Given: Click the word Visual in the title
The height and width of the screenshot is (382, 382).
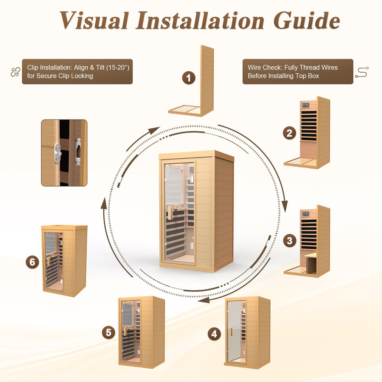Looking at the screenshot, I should pyautogui.click(x=94, y=21).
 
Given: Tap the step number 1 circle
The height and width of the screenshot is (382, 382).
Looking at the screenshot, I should pyautogui.click(x=189, y=78).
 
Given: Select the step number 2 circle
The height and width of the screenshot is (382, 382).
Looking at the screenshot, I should pyautogui.click(x=289, y=133).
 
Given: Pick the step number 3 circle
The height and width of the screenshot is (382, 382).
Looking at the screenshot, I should pyautogui.click(x=289, y=241).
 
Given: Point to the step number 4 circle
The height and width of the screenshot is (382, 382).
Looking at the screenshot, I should pyautogui.click(x=214, y=334).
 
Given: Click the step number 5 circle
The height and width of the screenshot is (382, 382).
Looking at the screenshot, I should pyautogui.click(x=109, y=333).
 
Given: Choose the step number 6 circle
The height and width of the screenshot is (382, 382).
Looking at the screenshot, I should pyautogui.click(x=32, y=262).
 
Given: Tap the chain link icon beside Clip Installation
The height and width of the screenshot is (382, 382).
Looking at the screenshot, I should pyautogui.click(x=15, y=72).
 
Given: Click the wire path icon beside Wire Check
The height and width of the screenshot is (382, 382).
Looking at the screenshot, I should pyautogui.click(x=362, y=72).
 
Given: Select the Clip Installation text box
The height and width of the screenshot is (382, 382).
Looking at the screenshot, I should pyautogui.click(x=77, y=72).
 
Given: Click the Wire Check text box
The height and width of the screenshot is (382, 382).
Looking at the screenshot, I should pyautogui.click(x=298, y=72).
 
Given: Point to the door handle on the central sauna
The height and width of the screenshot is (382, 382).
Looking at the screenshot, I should pyautogui.click(x=170, y=213).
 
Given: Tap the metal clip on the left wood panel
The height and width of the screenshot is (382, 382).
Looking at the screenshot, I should pyautogui.click(x=58, y=154).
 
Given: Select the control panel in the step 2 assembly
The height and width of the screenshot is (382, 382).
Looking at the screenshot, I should pyautogui.click(x=305, y=105).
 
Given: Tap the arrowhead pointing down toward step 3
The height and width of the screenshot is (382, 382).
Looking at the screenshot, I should pyautogui.click(x=285, y=206).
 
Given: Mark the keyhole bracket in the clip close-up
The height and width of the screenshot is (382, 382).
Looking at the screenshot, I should pyautogui.click(x=78, y=152).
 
